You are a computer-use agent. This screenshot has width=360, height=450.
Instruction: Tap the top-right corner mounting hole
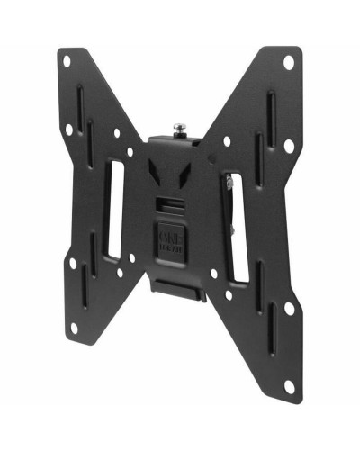(288, 62)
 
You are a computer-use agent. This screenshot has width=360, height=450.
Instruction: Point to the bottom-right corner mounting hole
(288, 385)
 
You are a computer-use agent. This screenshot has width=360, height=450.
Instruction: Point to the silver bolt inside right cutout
(232, 184)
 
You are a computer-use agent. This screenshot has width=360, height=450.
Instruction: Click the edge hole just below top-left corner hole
(68, 129)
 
